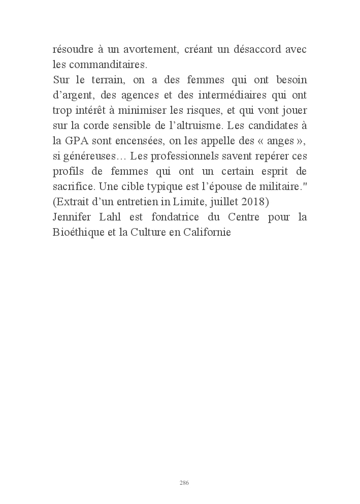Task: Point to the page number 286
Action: (x=184, y=483)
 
